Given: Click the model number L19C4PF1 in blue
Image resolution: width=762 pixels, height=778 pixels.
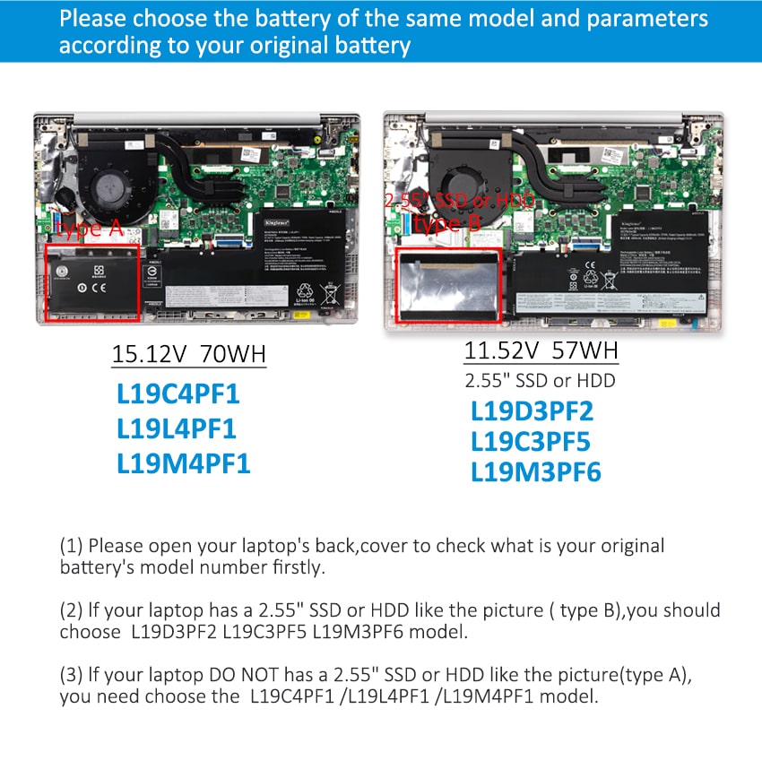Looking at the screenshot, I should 178,395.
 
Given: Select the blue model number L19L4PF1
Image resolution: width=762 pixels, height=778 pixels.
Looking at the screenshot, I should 177,429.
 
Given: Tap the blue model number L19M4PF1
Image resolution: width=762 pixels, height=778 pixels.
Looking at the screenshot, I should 183,463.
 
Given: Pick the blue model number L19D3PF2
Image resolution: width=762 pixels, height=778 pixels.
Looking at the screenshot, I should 533,411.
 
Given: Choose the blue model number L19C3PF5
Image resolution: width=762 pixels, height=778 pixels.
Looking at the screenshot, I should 531,442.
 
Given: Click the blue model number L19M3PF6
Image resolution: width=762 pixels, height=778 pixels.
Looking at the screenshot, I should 536,472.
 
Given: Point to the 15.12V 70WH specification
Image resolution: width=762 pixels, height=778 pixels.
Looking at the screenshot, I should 188,354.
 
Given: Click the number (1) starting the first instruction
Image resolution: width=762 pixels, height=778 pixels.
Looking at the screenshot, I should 71,546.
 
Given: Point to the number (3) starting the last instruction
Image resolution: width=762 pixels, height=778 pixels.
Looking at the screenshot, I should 71,674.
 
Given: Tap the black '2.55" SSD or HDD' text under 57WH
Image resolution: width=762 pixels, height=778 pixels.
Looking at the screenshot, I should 540,380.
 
